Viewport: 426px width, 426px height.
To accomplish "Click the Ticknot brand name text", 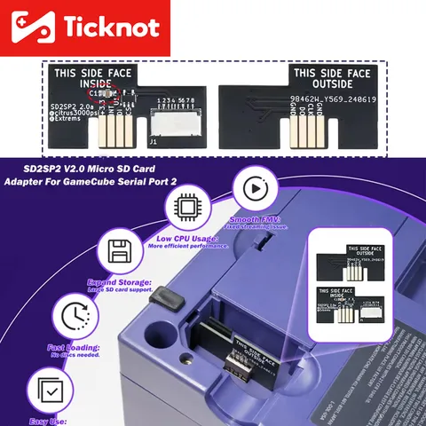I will [110, 28].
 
